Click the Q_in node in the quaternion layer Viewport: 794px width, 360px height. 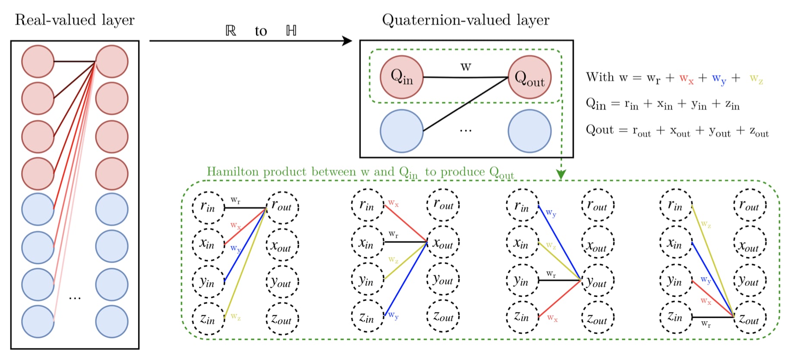coord(401,77)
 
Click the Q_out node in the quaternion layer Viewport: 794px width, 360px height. coord(529,78)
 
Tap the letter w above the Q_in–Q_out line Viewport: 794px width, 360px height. coord(466,67)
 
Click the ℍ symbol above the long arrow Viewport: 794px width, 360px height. coord(291,31)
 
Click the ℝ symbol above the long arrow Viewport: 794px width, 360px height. coord(231,31)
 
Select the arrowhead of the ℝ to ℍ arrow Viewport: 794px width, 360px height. coord(347,41)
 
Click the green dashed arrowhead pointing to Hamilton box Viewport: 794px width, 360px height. coord(561,174)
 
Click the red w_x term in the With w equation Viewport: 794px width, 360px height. coord(686,79)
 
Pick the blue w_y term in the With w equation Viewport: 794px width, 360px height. coord(719,79)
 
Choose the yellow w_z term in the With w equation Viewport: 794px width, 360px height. coord(756,79)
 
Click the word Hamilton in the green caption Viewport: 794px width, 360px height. coord(233,172)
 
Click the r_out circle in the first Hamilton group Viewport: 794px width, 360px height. coord(282,207)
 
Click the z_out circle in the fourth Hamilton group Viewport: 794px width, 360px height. coord(750,319)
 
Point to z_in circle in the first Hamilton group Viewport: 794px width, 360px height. coord(208,319)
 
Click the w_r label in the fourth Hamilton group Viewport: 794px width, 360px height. coord(706,324)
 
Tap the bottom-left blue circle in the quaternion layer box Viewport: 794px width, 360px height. coord(401,131)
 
